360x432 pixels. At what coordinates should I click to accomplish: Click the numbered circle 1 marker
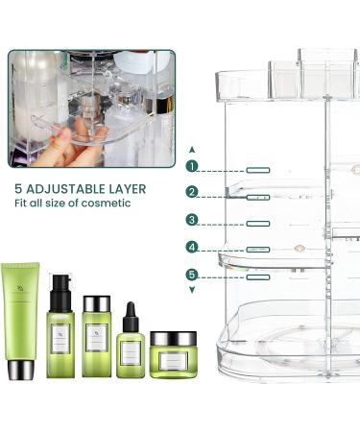tap(192, 166)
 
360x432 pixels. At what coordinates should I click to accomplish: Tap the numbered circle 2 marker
tap(192, 193)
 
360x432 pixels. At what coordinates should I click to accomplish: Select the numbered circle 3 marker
tap(192, 221)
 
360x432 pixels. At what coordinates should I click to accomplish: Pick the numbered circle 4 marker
tap(192, 248)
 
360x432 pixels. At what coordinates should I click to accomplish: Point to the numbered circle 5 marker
tap(192, 275)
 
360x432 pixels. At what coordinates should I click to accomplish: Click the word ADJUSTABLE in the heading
tap(76, 188)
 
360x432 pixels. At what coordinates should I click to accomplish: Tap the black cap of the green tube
tap(21, 369)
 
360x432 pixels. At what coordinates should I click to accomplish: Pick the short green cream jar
tap(173, 357)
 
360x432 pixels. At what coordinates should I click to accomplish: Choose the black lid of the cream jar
tap(173, 338)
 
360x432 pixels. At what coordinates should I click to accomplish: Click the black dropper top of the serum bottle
tap(131, 313)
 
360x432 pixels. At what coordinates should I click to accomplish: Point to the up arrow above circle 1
tap(192, 150)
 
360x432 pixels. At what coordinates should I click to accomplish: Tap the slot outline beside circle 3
tap(256, 223)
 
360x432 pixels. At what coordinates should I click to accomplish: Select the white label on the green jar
tap(173, 361)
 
